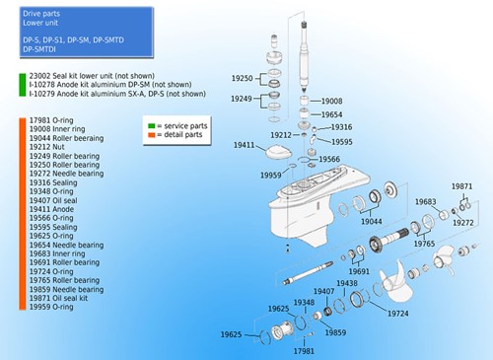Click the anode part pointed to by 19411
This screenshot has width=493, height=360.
278,153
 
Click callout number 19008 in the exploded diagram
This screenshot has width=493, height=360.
331,101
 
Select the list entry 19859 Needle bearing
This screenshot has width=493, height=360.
66,289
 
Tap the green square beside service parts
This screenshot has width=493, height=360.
152,126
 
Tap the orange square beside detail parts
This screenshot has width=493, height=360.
152,135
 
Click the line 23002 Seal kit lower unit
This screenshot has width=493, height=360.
92,76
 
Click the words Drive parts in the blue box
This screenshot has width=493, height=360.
41,14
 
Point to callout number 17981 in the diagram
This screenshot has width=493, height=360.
304,351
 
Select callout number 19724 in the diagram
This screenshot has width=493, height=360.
398,314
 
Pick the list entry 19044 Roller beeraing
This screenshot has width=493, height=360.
66,138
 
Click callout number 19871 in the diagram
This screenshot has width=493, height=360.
461,186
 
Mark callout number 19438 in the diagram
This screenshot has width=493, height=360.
347,283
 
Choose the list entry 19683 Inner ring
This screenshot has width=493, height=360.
57,253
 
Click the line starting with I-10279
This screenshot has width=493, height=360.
117,94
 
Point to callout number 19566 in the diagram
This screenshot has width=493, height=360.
329,159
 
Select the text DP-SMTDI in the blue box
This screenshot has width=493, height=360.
39,49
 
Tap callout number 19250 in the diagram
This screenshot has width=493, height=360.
243,78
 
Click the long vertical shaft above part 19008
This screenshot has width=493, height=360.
305,56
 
